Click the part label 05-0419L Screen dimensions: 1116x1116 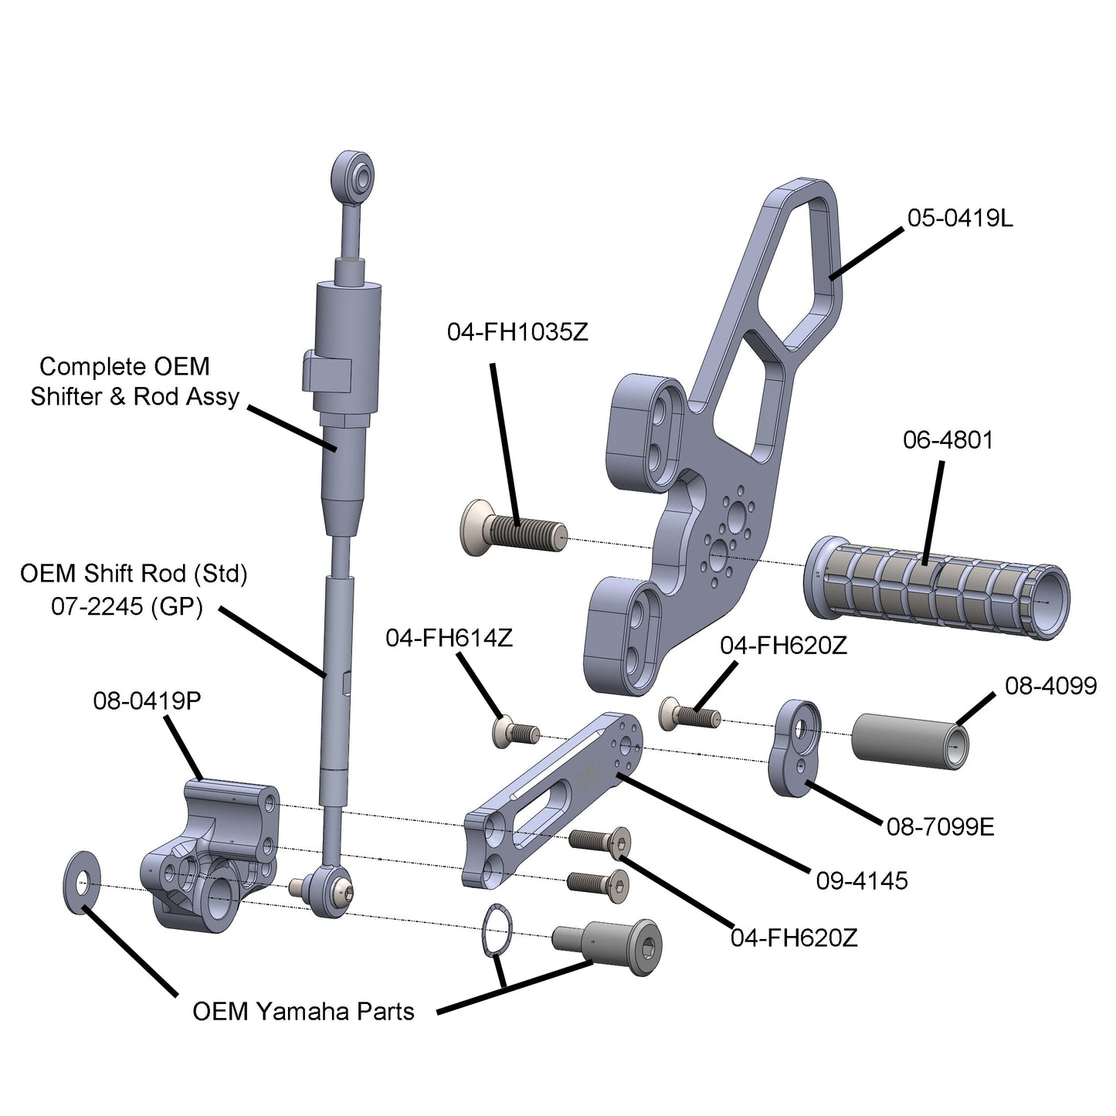point(959,219)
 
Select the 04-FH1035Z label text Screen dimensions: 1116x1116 point(517,332)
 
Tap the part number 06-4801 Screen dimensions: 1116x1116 point(948,440)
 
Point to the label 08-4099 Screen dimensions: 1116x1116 point(1050,685)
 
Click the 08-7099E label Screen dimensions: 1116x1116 point(940,827)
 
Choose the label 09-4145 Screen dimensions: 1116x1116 point(862,880)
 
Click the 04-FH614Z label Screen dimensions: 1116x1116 point(449,639)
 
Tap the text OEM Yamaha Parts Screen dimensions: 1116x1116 point(303,1011)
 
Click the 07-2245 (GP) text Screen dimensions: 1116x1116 point(127,606)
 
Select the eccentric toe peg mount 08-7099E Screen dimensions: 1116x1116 point(797,749)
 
